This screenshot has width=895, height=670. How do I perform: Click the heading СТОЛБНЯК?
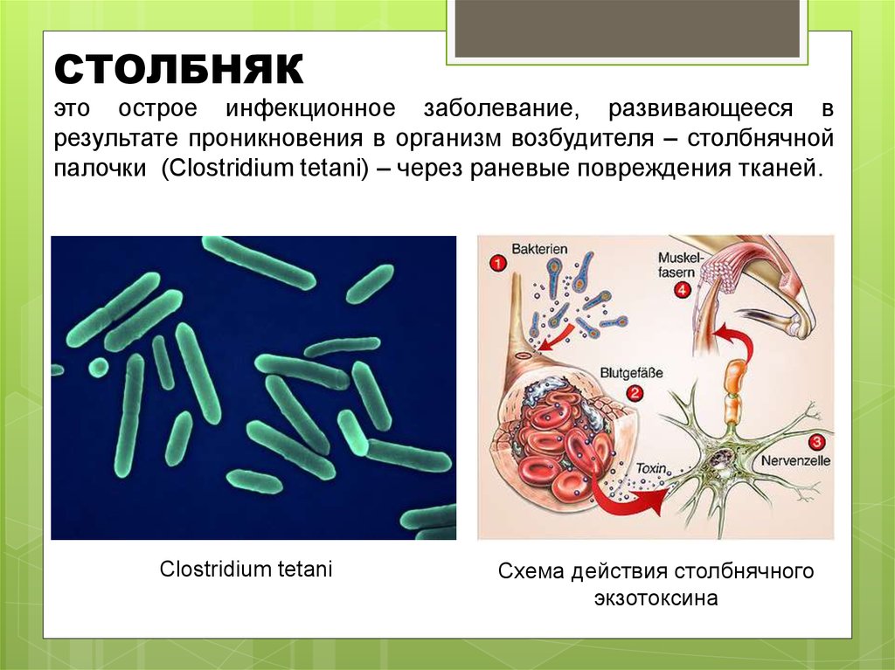pyautogui.click(x=178, y=69)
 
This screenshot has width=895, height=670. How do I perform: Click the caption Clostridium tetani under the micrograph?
pyautogui.click(x=246, y=570)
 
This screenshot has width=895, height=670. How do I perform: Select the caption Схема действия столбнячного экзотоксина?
pyautogui.click(x=656, y=585)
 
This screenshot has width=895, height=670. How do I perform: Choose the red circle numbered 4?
pyautogui.click(x=681, y=290)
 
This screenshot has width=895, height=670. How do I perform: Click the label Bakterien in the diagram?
pyautogui.click(x=539, y=250)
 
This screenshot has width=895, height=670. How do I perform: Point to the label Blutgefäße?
pyautogui.click(x=631, y=373)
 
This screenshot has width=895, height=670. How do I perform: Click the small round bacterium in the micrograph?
pyautogui.click(x=99, y=366)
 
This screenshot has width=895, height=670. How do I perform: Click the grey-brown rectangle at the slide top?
pyautogui.click(x=628, y=28)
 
